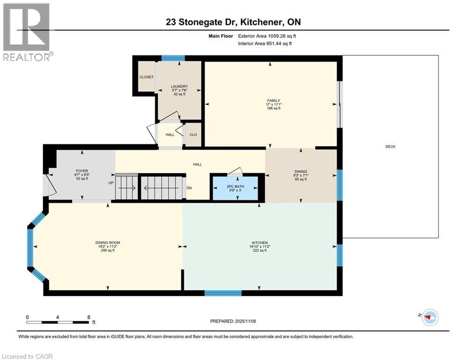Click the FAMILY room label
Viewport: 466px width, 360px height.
[273, 100]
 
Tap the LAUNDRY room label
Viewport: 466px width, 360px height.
[179, 86]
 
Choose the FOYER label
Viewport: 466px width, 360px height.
[82, 171]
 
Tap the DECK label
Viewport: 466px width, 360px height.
[390, 147]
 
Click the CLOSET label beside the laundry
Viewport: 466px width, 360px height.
[146, 77]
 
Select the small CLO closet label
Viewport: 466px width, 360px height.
[193, 135]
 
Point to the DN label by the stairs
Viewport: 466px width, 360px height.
[188, 189]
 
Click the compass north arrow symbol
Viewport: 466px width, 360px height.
[429, 317]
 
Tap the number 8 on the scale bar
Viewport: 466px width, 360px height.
[89, 317]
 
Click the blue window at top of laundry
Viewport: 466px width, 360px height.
[172, 58]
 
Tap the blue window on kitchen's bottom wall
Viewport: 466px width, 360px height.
[223, 293]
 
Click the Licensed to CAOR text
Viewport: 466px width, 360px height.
[28, 356]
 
